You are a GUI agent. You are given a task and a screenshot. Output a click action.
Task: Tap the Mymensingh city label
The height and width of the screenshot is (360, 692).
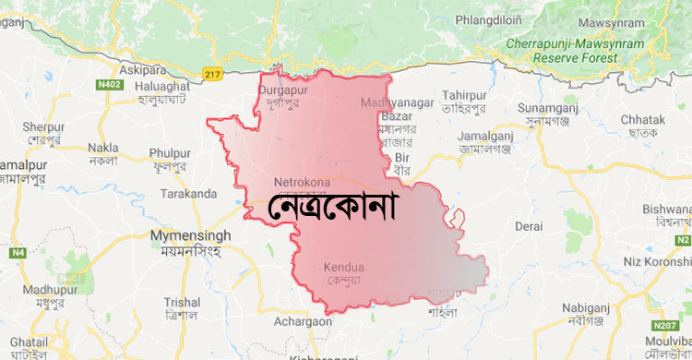[190, 236]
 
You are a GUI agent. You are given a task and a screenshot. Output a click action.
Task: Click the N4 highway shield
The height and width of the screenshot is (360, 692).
[17, 252]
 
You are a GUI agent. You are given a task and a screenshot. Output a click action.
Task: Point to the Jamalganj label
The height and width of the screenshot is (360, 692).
[485, 136]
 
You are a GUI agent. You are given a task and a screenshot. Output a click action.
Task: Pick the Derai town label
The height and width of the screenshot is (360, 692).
[529, 225]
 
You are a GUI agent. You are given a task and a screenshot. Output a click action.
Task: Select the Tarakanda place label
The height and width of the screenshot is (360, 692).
[187, 193]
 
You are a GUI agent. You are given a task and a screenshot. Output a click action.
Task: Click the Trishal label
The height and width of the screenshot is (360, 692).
[181, 302]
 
